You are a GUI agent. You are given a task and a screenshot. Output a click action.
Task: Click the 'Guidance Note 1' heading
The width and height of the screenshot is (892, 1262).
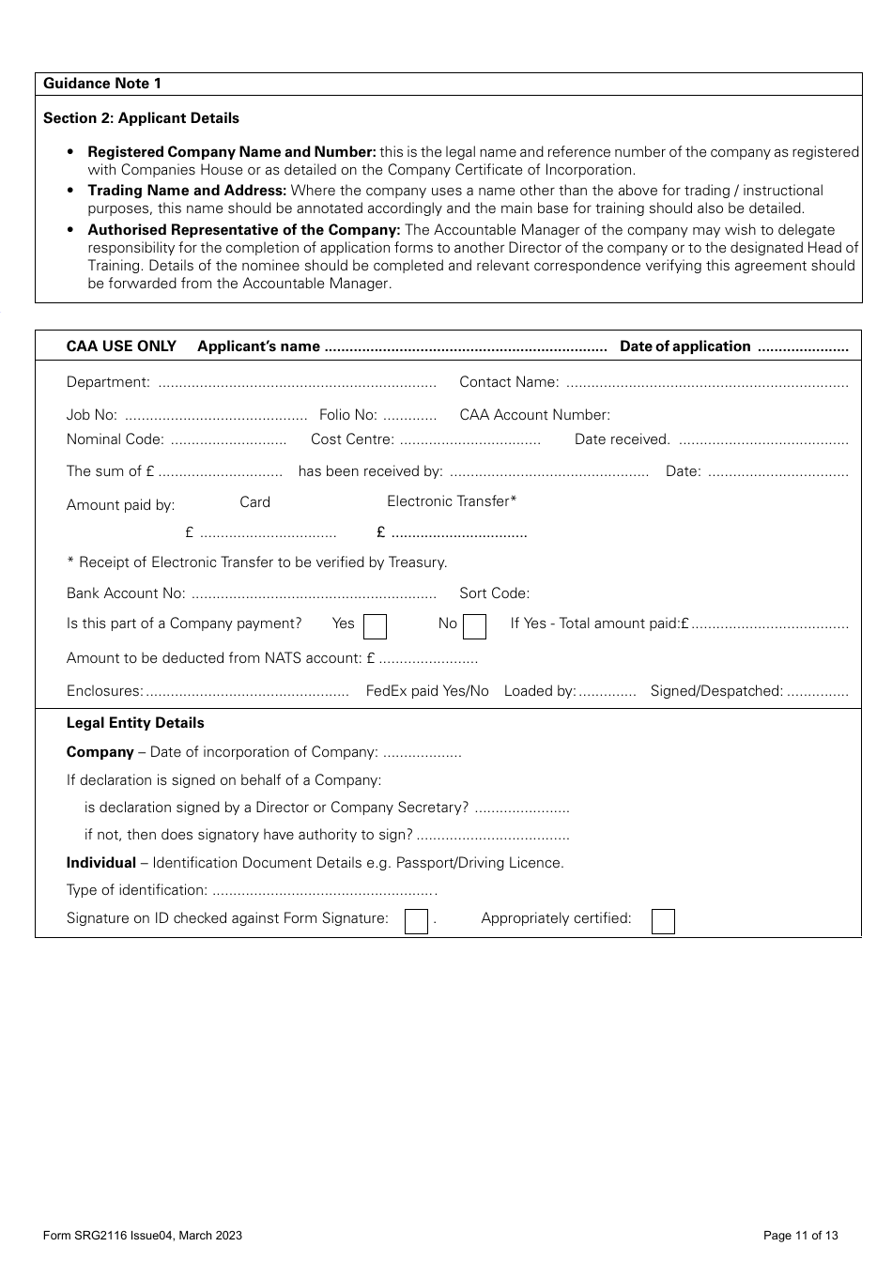(102, 84)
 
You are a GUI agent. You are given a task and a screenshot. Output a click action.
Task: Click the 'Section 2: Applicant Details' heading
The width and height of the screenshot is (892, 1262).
(141, 118)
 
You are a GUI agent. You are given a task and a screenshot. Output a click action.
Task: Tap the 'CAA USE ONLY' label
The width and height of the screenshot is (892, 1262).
(121, 346)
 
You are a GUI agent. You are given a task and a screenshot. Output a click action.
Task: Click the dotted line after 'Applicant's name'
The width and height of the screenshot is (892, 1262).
(466, 349)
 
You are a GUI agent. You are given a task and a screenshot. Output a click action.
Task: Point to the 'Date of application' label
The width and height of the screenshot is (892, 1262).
(684, 346)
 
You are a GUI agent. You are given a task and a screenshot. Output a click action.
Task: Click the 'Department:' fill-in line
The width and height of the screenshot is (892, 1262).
(297, 384)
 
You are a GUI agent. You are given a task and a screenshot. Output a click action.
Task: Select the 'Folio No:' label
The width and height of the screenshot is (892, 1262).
(347, 415)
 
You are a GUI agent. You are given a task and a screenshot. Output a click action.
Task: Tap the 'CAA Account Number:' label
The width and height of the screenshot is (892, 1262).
(534, 415)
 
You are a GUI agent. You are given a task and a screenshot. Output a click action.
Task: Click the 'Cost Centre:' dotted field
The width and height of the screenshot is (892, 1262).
(469, 441)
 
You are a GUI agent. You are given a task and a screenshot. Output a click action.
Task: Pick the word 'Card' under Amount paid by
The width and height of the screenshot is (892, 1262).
(254, 502)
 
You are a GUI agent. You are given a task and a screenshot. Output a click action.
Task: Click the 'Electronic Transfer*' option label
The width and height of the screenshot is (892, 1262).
(452, 501)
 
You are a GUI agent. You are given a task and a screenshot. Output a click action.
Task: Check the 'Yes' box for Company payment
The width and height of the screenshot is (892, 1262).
(375, 626)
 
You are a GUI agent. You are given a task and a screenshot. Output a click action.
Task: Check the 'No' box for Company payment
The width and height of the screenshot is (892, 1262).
(475, 626)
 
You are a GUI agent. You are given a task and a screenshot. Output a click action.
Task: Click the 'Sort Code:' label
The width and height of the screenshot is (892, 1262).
(494, 593)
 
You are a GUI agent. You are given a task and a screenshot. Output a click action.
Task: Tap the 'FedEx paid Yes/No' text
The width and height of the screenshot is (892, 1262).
(427, 691)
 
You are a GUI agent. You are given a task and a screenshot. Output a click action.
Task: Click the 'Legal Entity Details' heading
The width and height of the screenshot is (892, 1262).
(135, 723)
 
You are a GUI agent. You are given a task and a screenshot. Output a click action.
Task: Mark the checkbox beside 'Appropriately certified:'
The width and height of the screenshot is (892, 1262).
(663, 921)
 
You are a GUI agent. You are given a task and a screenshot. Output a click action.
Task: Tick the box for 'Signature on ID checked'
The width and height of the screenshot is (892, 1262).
(416, 921)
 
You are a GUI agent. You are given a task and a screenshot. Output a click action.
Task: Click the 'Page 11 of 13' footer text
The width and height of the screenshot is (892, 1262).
(800, 1236)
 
